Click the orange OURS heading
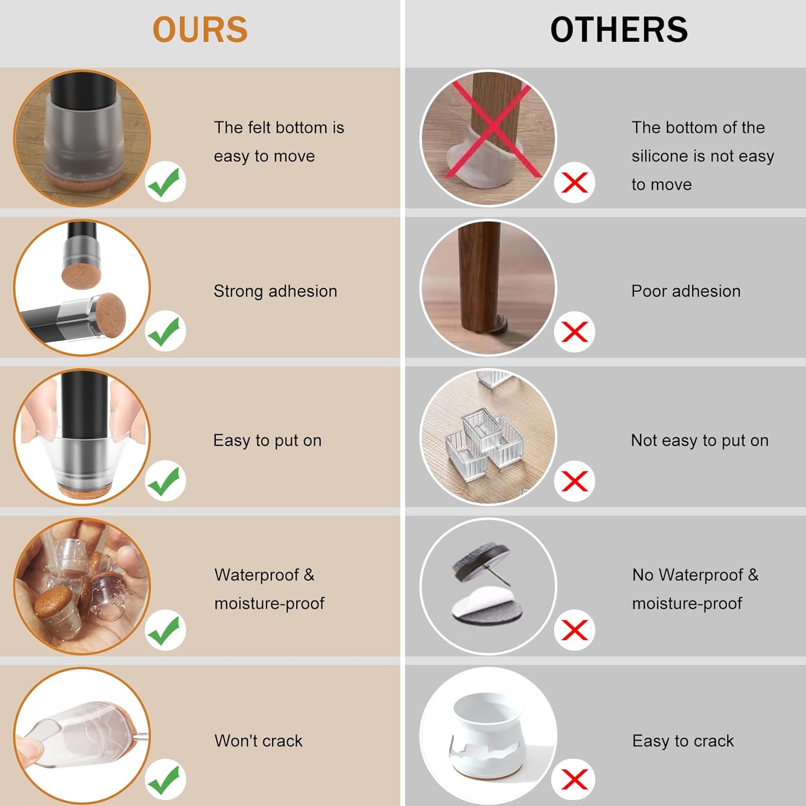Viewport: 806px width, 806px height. [200, 30]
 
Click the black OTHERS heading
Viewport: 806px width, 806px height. [619, 30]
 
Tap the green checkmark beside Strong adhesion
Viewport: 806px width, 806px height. [165, 331]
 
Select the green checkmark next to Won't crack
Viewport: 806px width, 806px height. [165, 779]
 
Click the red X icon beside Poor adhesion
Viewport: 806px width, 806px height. [574, 332]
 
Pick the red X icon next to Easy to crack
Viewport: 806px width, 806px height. [574, 779]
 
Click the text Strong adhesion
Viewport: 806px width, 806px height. [275, 291]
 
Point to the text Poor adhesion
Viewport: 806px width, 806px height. [686, 291]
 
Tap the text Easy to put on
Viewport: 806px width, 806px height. [267, 441]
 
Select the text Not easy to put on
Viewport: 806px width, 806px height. [700, 441]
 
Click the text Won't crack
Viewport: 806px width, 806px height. [258, 741]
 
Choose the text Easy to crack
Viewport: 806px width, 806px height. [683, 741]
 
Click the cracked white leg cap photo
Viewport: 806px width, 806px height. [488, 736]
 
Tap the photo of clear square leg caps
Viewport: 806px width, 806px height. [488, 437]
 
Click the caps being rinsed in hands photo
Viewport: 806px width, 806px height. [82, 586]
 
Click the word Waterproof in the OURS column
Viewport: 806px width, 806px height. [257, 575]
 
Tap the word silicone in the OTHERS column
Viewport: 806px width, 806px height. [660, 156]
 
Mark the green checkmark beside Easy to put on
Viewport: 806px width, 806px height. [165, 480]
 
